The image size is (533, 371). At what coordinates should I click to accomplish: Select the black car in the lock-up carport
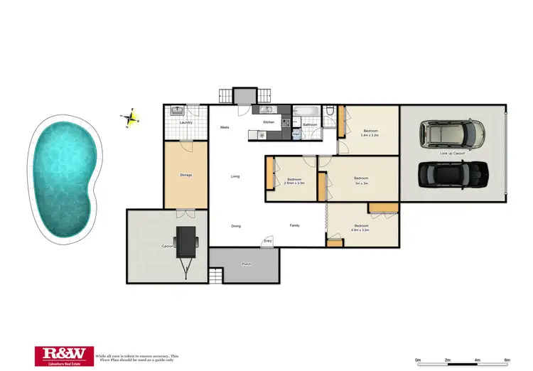click(453, 173)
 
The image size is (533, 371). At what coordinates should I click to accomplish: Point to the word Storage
click(186, 175)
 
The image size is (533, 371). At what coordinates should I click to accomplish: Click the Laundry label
click(186, 123)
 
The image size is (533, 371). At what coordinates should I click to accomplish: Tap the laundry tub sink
click(176, 110)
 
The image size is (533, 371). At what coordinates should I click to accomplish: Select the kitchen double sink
click(269, 110)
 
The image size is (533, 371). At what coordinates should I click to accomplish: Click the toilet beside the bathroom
click(329, 111)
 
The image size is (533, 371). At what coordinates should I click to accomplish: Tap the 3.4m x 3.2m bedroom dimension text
click(370, 134)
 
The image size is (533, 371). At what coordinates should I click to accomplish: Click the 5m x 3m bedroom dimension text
click(361, 181)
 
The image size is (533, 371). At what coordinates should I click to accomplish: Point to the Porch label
click(247, 264)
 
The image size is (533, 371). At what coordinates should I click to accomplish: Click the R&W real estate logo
click(63, 355)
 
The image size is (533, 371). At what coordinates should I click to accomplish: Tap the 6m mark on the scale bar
click(507, 360)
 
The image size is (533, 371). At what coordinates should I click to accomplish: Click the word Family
click(294, 226)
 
